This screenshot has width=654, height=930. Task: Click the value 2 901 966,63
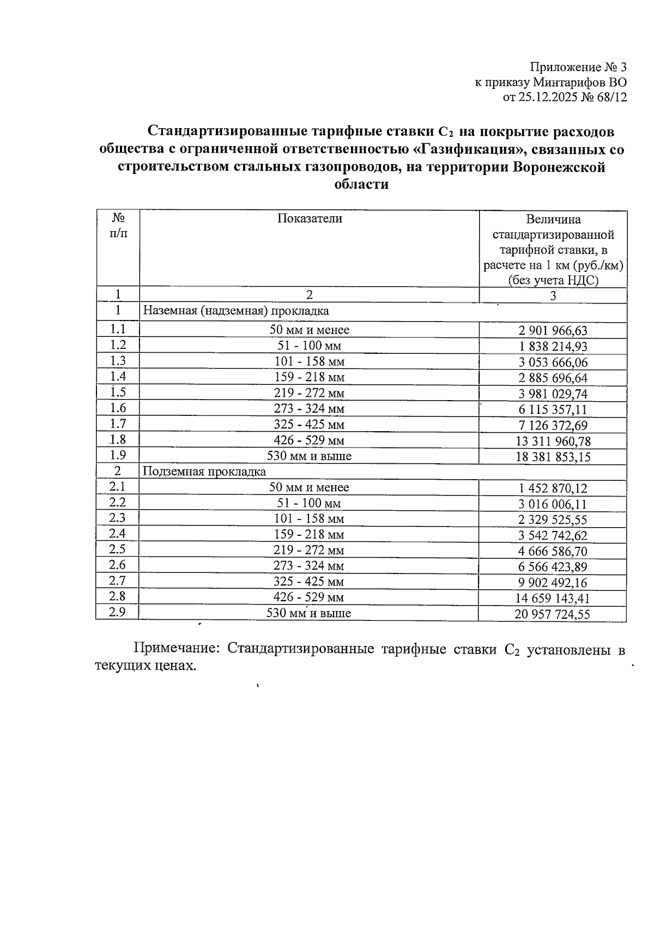click(x=553, y=330)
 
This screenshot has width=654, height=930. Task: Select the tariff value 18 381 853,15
click(x=553, y=457)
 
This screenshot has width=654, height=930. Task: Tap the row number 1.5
click(x=118, y=392)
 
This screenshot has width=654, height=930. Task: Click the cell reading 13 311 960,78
click(x=553, y=441)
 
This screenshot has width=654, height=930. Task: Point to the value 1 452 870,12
click(x=553, y=488)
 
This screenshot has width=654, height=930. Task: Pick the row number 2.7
click(x=117, y=581)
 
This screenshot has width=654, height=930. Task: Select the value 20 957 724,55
click(x=552, y=615)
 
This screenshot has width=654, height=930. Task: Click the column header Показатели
click(x=310, y=219)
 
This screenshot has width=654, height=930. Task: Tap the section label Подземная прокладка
click(x=204, y=472)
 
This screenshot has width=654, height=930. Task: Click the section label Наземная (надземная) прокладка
click(x=236, y=311)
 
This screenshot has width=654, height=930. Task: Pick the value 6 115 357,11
click(x=553, y=409)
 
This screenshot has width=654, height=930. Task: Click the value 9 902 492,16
click(x=553, y=583)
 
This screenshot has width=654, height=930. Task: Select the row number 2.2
click(x=117, y=502)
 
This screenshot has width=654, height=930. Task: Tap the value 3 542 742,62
click(x=553, y=536)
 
